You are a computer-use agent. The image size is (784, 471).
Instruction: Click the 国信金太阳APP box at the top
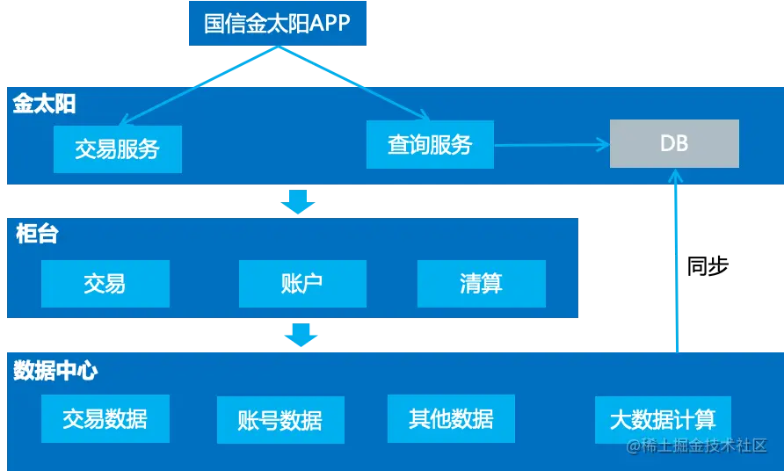(277, 22)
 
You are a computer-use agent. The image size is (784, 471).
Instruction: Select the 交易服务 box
(117, 149)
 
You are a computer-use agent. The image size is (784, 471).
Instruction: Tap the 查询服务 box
(430, 144)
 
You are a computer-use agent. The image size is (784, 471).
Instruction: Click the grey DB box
(674, 143)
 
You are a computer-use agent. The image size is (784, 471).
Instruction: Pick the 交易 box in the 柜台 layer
(105, 283)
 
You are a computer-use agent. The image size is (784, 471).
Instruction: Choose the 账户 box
(302, 283)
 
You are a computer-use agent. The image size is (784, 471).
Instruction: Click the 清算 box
(481, 283)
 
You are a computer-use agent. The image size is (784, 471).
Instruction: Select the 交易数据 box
(105, 418)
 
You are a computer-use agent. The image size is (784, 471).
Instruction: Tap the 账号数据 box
(279, 420)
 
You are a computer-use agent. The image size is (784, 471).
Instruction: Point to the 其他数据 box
(451, 418)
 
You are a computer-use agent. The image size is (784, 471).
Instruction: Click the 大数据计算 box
(662, 419)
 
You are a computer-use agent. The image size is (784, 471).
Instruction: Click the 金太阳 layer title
(44, 104)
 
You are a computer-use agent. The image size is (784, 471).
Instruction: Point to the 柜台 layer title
(37, 234)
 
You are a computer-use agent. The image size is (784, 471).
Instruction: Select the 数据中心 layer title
(54, 370)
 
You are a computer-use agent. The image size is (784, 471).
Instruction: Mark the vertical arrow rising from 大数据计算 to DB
(677, 264)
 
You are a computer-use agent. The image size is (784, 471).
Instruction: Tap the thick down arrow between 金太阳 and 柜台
(297, 203)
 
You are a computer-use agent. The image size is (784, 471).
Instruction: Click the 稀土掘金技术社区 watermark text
(698, 446)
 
